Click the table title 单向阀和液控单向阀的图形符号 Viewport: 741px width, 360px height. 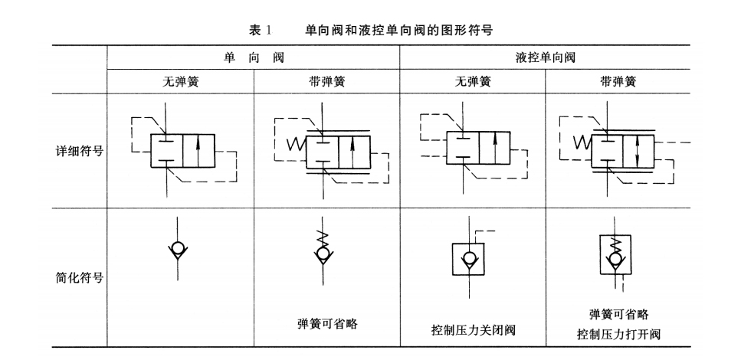pos(398,30)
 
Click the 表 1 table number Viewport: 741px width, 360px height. pos(261,30)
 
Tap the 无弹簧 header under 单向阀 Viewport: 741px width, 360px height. pos(180,82)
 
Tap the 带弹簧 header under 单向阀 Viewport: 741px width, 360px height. pos(326,82)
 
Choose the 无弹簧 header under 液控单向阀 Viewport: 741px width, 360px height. pos(472,82)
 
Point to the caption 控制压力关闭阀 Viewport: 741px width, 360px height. pos(473,331)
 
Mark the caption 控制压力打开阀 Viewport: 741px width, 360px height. pos(618,335)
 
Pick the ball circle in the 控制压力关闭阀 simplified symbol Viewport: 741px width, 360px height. pos(466,259)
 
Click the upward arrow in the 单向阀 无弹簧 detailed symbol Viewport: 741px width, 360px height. pos(198,149)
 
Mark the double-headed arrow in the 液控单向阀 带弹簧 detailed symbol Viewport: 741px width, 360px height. pos(638,151)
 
